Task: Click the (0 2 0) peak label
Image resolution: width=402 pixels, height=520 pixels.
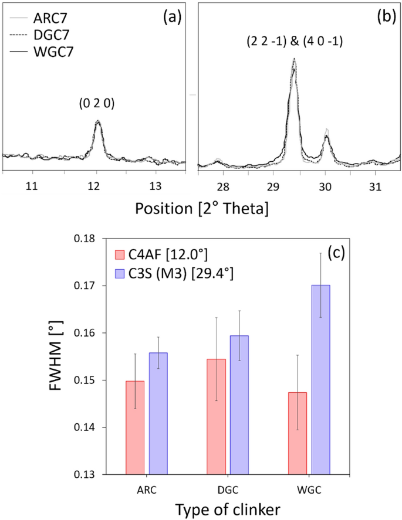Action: [x=97, y=103]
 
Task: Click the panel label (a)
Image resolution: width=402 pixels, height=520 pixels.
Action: [x=171, y=16]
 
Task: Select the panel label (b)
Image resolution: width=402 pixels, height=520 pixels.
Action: [x=386, y=16]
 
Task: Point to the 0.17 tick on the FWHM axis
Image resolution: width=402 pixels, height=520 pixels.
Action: [x=83, y=286]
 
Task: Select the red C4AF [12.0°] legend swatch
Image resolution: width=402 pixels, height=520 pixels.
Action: [x=120, y=254]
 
